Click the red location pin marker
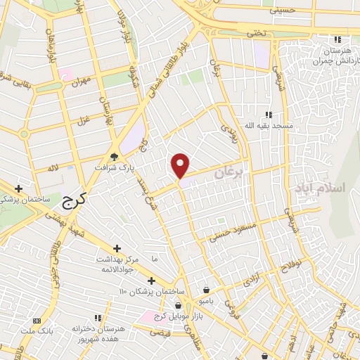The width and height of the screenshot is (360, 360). (x=181, y=165)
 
